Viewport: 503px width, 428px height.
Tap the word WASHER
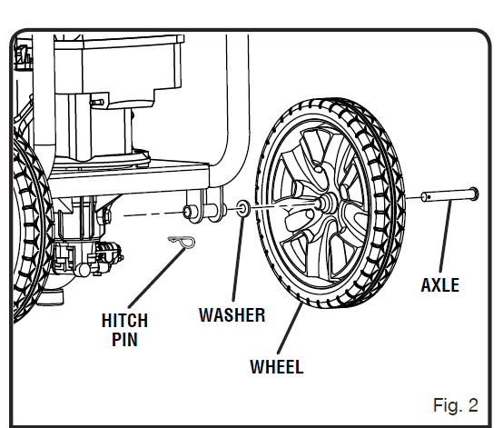click(232, 315)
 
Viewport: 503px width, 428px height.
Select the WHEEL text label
click(276, 367)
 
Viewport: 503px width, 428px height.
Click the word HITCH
click(125, 321)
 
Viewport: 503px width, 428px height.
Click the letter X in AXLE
click(434, 284)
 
